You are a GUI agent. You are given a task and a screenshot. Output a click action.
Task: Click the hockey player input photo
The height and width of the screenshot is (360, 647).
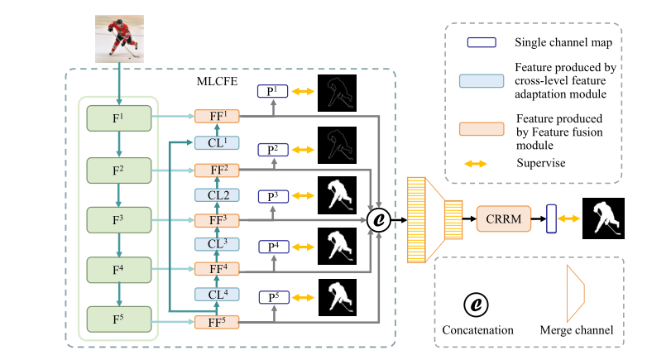[120, 38]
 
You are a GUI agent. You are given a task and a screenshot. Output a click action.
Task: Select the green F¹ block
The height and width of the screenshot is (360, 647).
[120, 118]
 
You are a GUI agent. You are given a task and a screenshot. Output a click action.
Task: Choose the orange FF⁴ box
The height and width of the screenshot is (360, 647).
[217, 269]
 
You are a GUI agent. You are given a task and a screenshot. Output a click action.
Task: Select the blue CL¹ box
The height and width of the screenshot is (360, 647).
[217, 143]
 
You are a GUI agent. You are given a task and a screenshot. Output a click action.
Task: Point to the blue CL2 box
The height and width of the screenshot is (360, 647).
[217, 194]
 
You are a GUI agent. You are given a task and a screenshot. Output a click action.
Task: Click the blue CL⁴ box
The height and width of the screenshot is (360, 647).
[217, 295]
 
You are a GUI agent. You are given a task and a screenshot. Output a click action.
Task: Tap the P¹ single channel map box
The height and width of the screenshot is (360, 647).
[272, 93]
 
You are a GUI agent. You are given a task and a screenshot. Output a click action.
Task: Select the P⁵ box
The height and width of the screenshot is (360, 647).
[272, 297]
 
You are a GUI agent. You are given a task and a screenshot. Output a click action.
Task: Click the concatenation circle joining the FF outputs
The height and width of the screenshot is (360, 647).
[380, 219]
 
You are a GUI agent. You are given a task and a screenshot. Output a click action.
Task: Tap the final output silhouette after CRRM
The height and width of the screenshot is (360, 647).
[603, 219]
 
